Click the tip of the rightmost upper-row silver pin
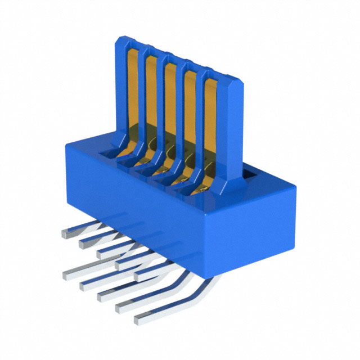coord(139,274)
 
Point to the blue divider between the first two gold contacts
coord(141,90)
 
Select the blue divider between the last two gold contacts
coord(200,112)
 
